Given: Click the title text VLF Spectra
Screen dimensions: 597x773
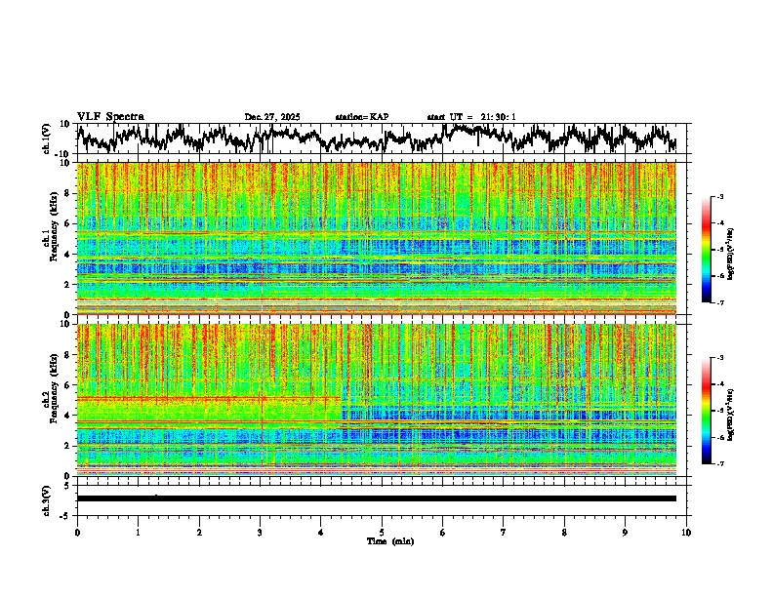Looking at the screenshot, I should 110,117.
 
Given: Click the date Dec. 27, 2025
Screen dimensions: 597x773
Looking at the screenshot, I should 272,117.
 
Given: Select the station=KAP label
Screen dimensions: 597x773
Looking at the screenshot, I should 361,117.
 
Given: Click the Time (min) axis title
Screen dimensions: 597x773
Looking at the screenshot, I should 389,540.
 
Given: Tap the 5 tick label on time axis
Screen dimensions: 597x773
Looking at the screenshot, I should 382,532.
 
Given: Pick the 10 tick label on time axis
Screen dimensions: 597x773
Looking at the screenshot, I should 686,532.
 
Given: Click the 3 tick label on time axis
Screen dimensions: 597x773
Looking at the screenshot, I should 260,532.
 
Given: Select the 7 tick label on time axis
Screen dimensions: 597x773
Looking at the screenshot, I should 504,532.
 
